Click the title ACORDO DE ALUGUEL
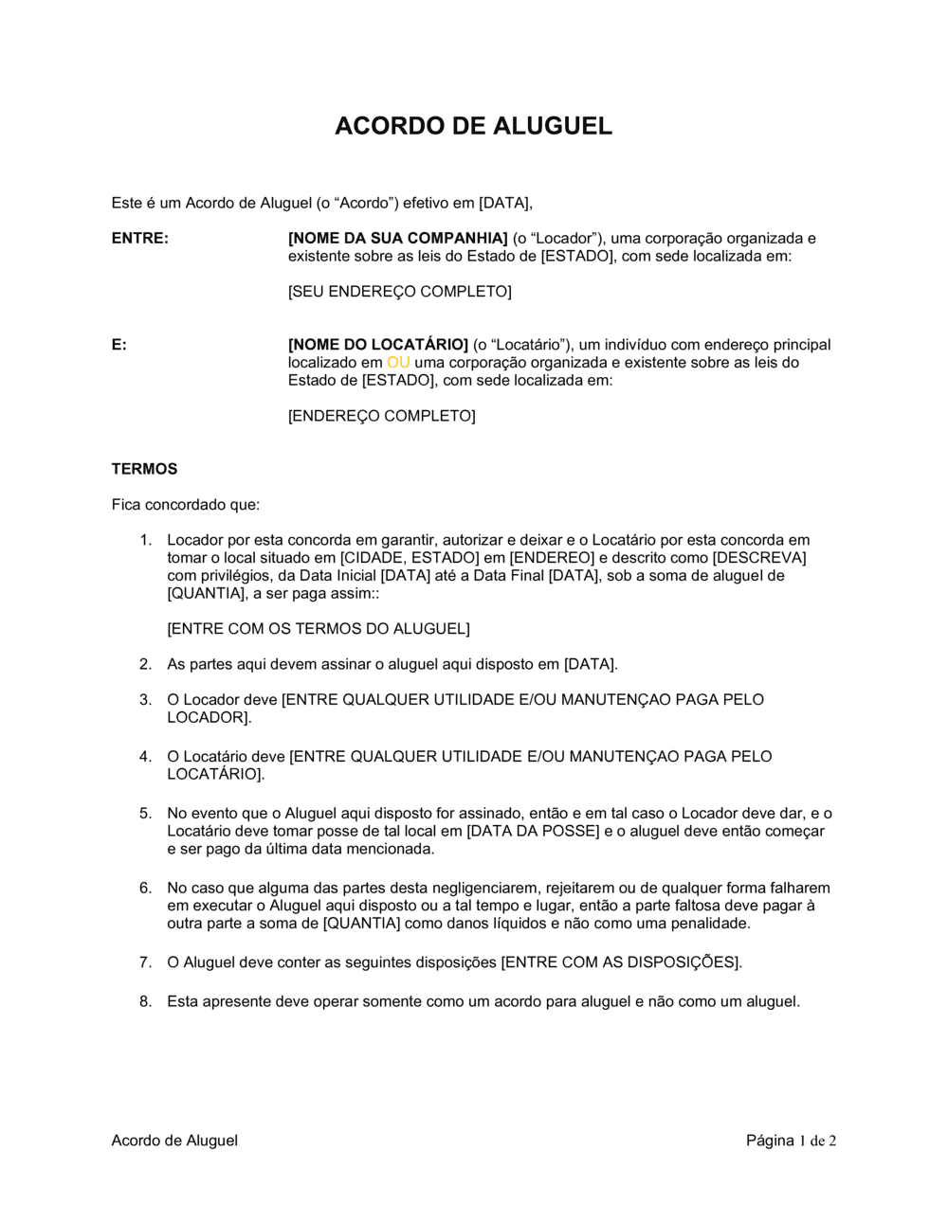pos(473,126)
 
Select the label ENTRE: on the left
pos(139,239)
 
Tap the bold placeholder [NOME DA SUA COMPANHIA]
pos(398,239)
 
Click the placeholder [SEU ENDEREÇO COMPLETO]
pos(399,292)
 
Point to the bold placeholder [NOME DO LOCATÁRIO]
pos(378,345)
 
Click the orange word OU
pos(398,363)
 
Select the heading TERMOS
pos(144,469)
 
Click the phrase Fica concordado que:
pos(185,505)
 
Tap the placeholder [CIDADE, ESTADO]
pos(410,558)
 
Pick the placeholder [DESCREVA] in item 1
pos(758,558)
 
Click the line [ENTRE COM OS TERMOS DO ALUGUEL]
pos(319,629)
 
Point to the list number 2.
pos(145,665)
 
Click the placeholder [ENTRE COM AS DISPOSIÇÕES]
pos(620,962)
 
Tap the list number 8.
pos(145,1001)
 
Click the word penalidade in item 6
pos(705,924)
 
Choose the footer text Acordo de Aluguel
pos(174,1141)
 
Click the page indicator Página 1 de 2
pos(791,1141)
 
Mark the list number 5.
pos(145,814)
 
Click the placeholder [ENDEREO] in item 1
pos(552,558)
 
